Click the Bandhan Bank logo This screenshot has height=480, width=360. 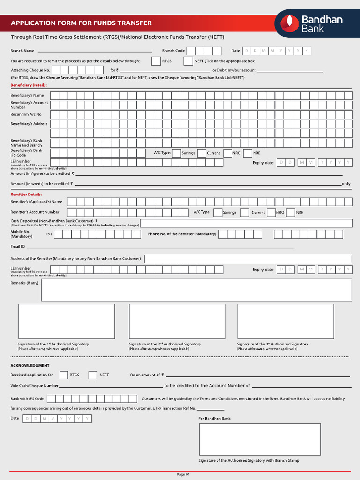click(315, 23)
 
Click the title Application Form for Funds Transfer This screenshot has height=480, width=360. click(81, 23)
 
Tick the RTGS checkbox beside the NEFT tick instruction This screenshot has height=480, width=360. click(156, 61)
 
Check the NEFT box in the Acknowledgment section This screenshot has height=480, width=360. click(93, 375)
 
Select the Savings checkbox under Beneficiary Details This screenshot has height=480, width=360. click(177, 153)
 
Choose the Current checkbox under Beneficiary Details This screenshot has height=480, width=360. click(202, 153)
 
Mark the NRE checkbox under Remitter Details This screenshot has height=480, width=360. click(291, 212)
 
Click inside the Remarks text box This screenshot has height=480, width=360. click(196, 290)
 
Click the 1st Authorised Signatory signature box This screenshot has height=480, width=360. click(67, 321)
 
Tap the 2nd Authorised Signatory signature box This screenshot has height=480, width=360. click(177, 321)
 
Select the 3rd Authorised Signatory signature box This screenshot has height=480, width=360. click(285, 321)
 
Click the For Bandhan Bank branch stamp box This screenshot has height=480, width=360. click(260, 439)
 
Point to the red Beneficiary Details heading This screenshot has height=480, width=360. click(29, 85)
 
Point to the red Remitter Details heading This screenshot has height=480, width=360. click(26, 194)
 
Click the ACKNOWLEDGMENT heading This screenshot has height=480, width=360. click(30, 365)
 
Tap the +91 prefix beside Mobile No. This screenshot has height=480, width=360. click(49, 234)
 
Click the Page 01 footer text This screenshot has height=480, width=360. click(183, 474)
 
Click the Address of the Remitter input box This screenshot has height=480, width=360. click(248, 259)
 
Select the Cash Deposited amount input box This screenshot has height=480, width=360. click(246, 223)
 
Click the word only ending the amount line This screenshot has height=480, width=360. click(346, 184)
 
